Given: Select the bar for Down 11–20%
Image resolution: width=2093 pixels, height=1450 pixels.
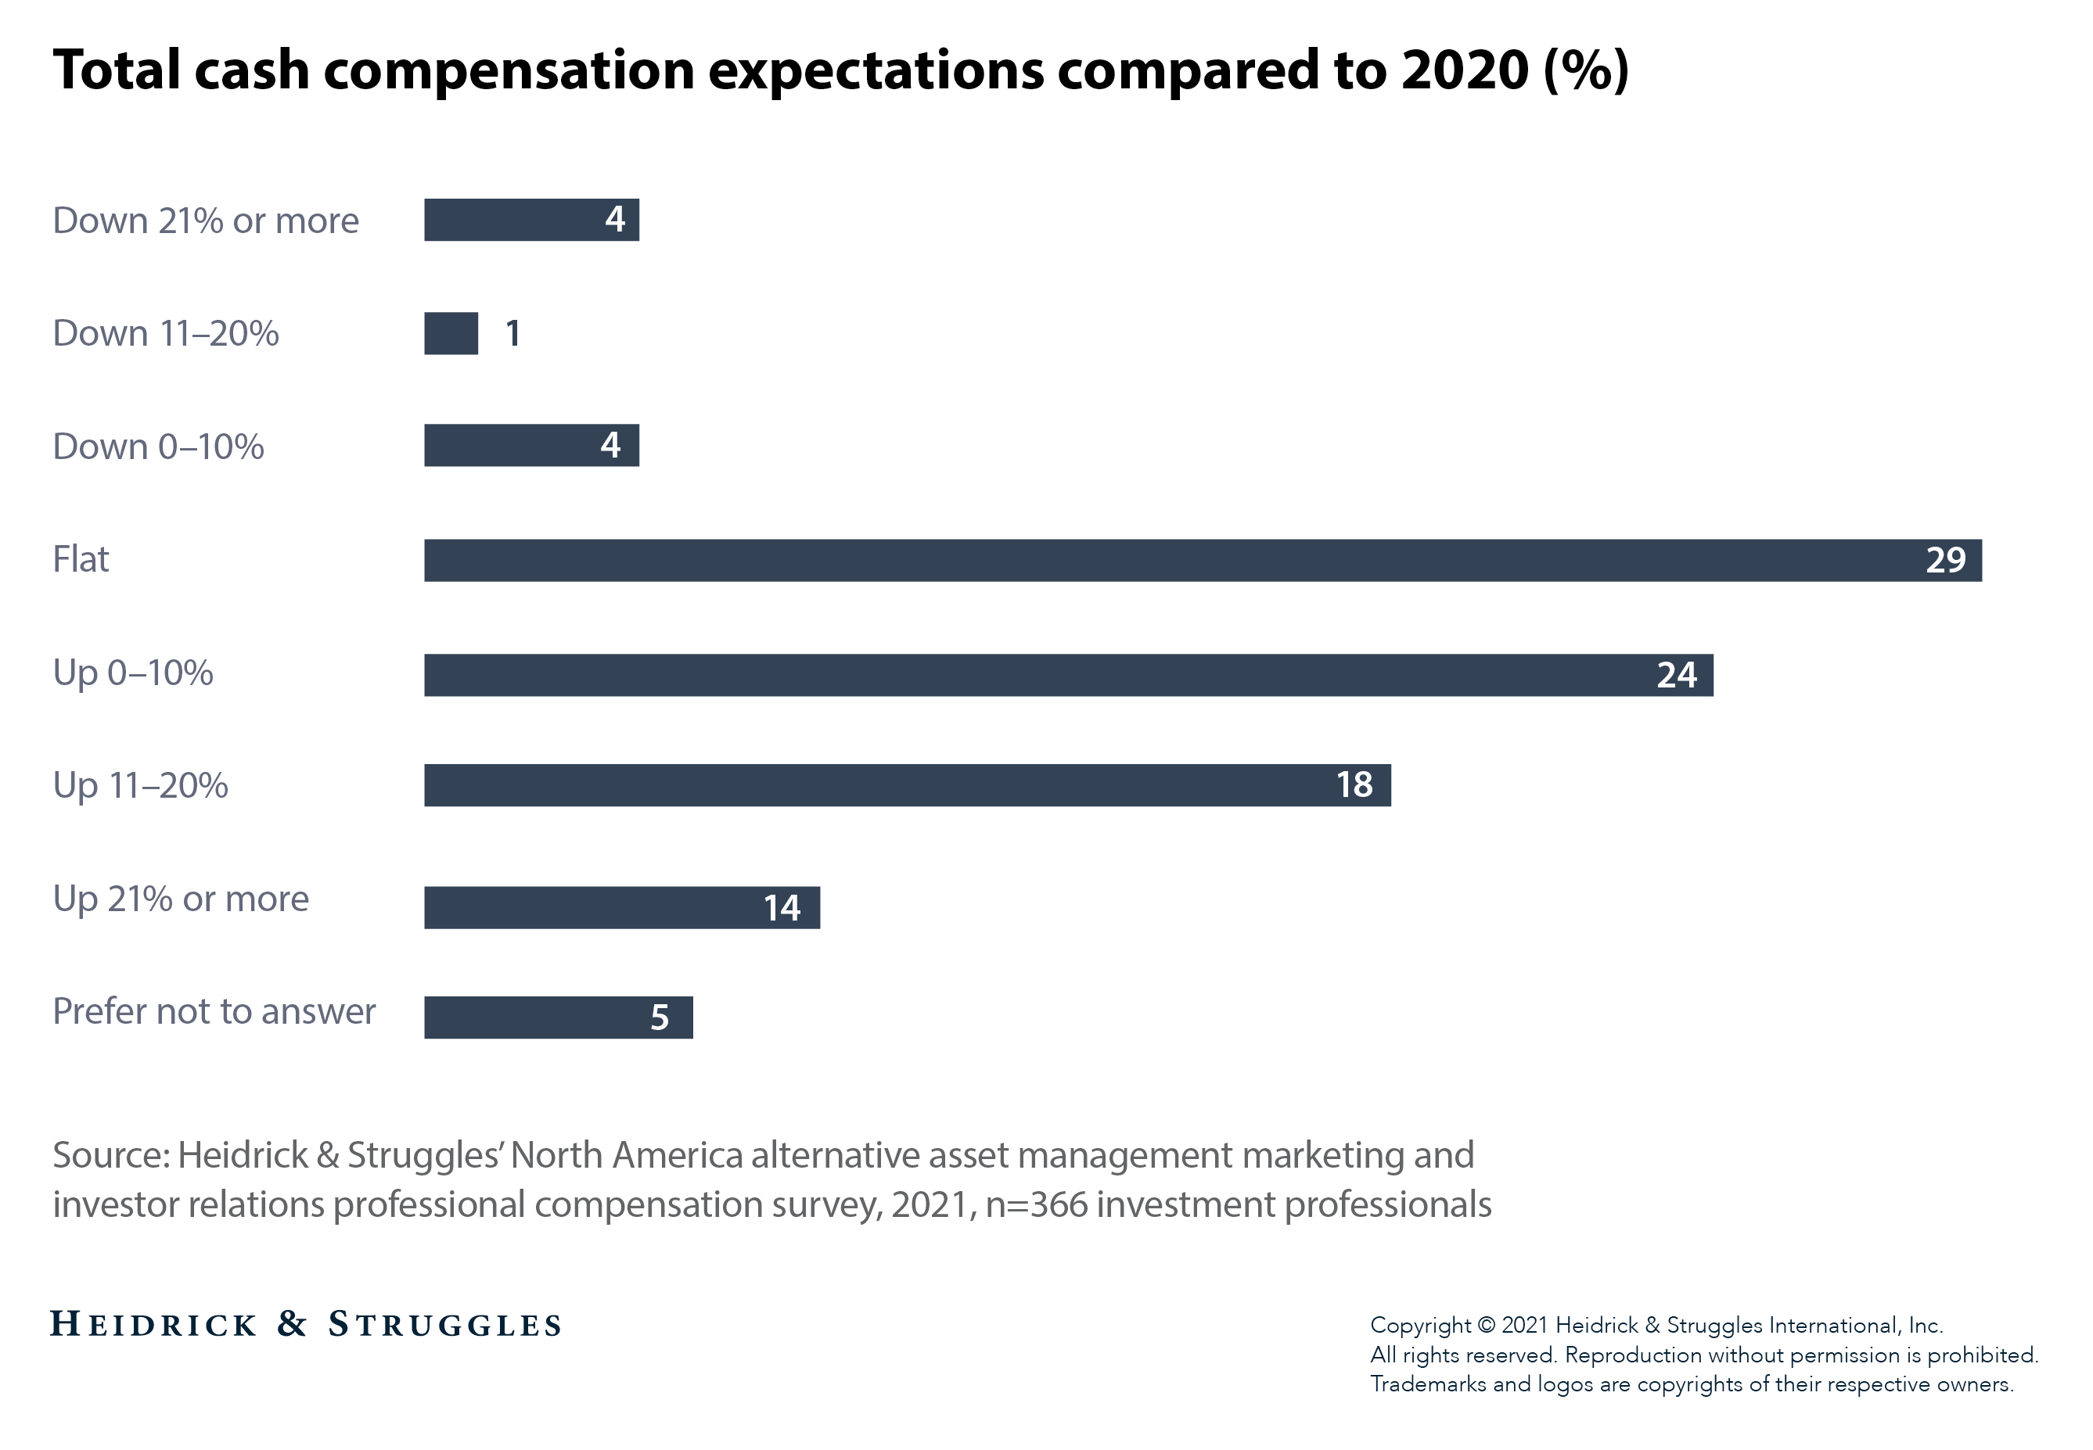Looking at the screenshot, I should pyautogui.click(x=451, y=333).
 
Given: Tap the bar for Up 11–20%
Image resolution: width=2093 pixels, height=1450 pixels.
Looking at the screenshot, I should pyautogui.click(x=906, y=785).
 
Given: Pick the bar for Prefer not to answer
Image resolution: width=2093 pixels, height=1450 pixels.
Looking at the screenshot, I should pyautogui.click(x=557, y=1017).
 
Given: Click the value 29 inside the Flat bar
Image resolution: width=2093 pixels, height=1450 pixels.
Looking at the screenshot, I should pyautogui.click(x=1945, y=561).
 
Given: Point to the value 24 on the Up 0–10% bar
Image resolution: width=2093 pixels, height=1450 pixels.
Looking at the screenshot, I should pyautogui.click(x=1676, y=675).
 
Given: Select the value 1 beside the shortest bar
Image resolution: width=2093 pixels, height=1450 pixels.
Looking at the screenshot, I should pyautogui.click(x=512, y=333).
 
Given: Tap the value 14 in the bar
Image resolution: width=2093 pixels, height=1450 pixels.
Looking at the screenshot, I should pyautogui.click(x=782, y=907).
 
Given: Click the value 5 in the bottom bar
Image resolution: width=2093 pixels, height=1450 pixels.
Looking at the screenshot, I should pyautogui.click(x=660, y=1018).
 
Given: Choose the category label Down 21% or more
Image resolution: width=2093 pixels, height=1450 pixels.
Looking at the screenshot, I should pyautogui.click(x=206, y=221).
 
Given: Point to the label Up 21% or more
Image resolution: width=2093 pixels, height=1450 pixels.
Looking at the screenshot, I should pyautogui.click(x=181, y=899).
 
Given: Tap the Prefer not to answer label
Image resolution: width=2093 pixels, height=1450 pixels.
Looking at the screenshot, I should pyautogui.click(x=214, y=1011).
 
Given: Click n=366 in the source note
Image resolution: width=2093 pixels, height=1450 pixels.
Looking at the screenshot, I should pyautogui.click(x=1036, y=1204).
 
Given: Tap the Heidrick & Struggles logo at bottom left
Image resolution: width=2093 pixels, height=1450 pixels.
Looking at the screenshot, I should pyautogui.click(x=305, y=1325).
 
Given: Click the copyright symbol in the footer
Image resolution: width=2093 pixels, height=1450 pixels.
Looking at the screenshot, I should pyautogui.click(x=1486, y=1326).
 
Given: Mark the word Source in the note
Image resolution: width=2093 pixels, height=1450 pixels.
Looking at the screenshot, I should pyautogui.click(x=107, y=1156).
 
